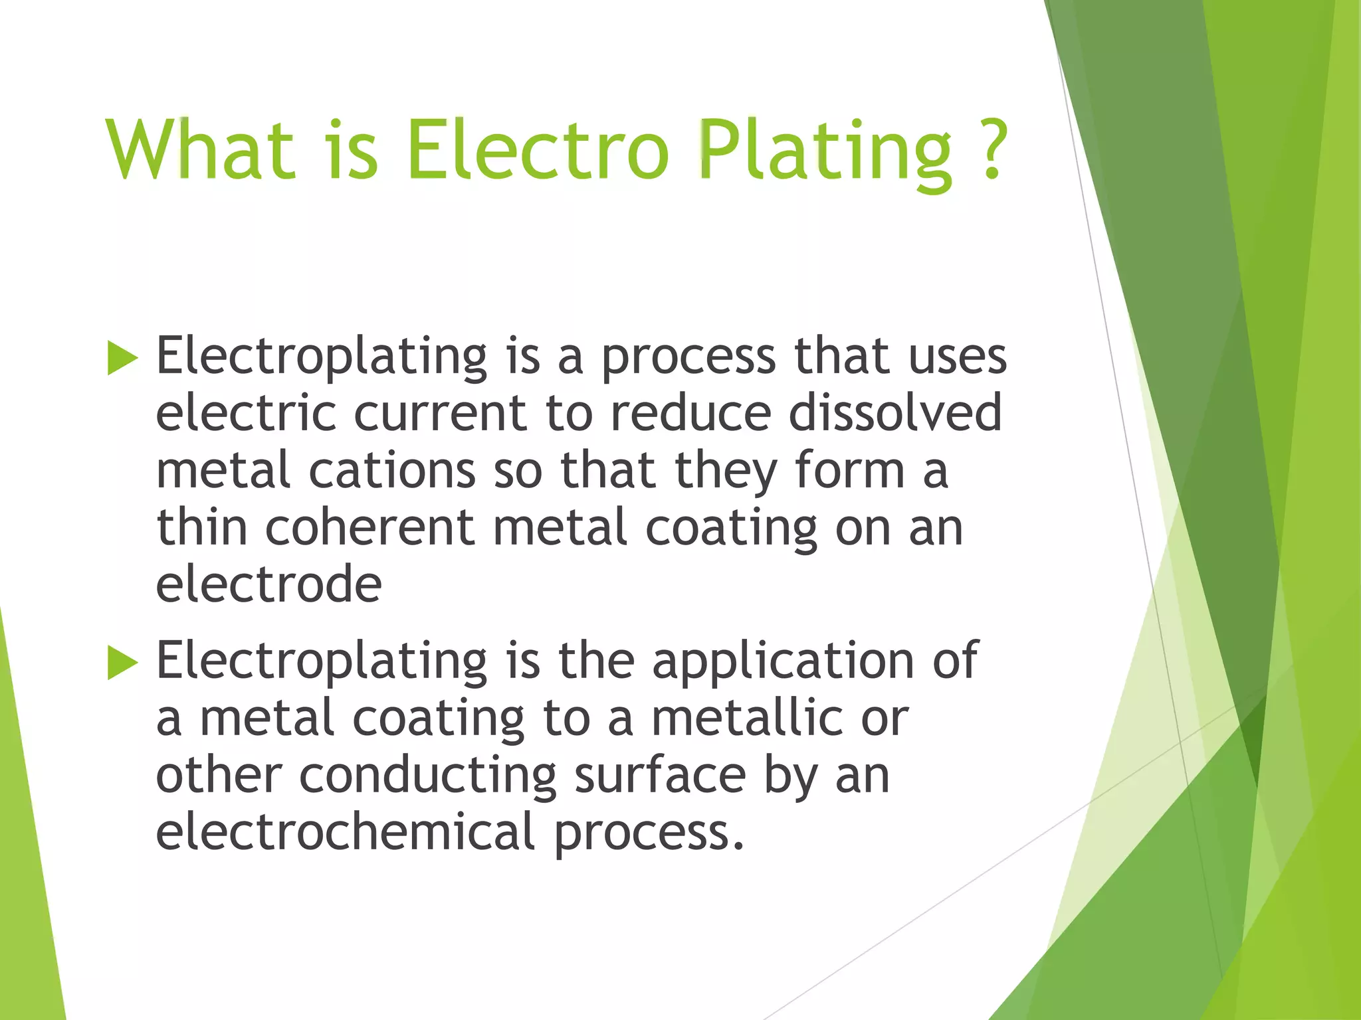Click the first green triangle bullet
[x=122, y=359]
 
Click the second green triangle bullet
[x=122, y=663]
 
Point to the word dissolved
[x=894, y=412]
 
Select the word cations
[x=392, y=470]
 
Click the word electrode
[x=268, y=584]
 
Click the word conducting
[x=427, y=776]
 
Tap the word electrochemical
[x=345, y=833]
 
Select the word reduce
[x=690, y=412]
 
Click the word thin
[x=202, y=527]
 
